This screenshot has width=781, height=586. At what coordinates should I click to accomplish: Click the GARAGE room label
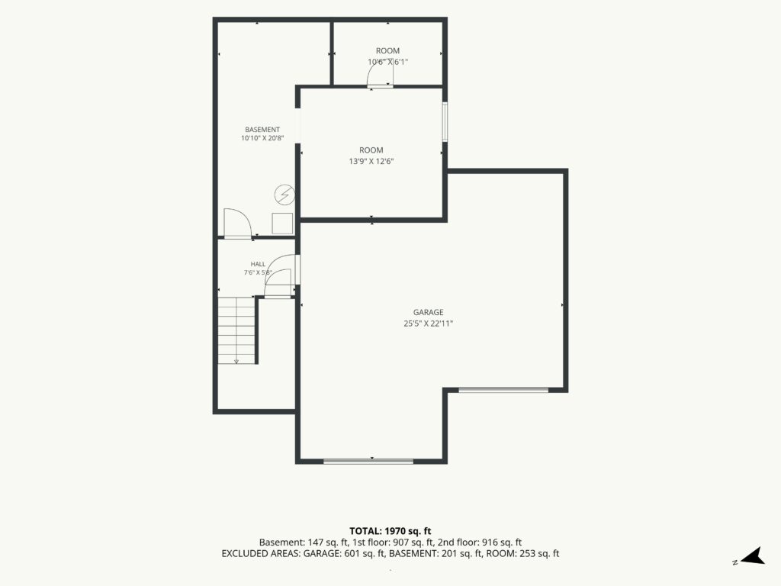pyautogui.click(x=429, y=312)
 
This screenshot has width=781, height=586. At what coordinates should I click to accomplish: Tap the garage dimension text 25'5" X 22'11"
pyautogui.click(x=429, y=324)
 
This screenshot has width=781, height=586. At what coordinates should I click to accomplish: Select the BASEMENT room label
pyautogui.click(x=262, y=130)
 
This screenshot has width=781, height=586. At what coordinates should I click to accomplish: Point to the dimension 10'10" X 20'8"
pyautogui.click(x=262, y=138)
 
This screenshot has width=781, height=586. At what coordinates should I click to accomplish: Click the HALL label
pyautogui.click(x=258, y=264)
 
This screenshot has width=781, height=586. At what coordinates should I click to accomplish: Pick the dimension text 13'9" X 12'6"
pyautogui.click(x=371, y=162)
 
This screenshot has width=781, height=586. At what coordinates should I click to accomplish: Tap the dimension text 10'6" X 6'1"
pyautogui.click(x=388, y=62)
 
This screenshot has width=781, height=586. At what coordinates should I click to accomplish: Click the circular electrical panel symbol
pyautogui.click(x=285, y=195)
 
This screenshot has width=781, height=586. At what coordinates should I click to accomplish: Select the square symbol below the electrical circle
pyautogui.click(x=282, y=224)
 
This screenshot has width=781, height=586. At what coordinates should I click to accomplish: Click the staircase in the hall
pyautogui.click(x=236, y=330)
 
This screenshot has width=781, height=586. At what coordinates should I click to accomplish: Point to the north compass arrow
pyautogui.click(x=754, y=556)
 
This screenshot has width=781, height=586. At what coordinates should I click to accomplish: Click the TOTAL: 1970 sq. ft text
pyautogui.click(x=390, y=531)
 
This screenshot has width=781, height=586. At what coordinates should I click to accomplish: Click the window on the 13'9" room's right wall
pyautogui.click(x=445, y=122)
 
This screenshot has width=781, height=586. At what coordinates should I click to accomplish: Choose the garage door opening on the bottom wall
pyautogui.click(x=368, y=462)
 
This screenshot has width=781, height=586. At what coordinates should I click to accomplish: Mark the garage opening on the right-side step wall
pyautogui.click(x=503, y=390)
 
